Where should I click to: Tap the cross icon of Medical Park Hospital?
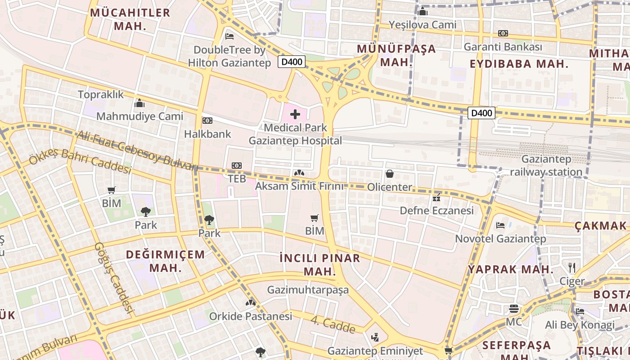point(295,114)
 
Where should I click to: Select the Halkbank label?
point(207,134)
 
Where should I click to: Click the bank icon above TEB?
point(237,166)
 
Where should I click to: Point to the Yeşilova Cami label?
point(423,24)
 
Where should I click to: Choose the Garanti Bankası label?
point(503,47)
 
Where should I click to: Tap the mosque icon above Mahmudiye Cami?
point(139,103)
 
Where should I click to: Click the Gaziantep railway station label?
point(546,166)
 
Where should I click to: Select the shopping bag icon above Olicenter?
point(390,174)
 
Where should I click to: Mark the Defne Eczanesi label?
point(436,211)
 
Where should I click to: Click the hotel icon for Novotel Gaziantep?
point(500,225)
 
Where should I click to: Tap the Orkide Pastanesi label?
point(251,316)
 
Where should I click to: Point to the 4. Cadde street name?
point(333,325)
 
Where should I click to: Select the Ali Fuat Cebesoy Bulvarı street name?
point(137,151)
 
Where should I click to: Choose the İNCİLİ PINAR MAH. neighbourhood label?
point(320,265)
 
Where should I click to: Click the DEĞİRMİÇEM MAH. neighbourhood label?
point(165,261)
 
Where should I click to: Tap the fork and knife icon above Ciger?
point(571,268)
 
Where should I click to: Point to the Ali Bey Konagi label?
point(580,324)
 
